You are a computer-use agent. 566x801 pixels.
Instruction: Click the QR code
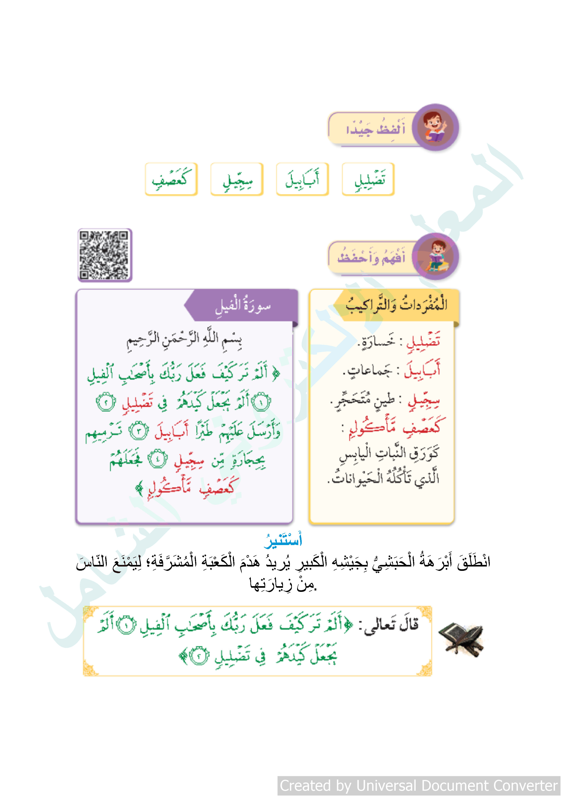105,255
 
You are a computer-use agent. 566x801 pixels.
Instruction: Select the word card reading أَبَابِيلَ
302,179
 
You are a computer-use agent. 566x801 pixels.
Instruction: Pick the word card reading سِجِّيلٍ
237,179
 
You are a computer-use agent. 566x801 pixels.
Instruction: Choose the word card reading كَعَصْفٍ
171,179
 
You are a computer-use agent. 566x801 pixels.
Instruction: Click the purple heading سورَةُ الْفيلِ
243,306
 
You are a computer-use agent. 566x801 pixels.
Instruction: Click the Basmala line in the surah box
184,340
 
